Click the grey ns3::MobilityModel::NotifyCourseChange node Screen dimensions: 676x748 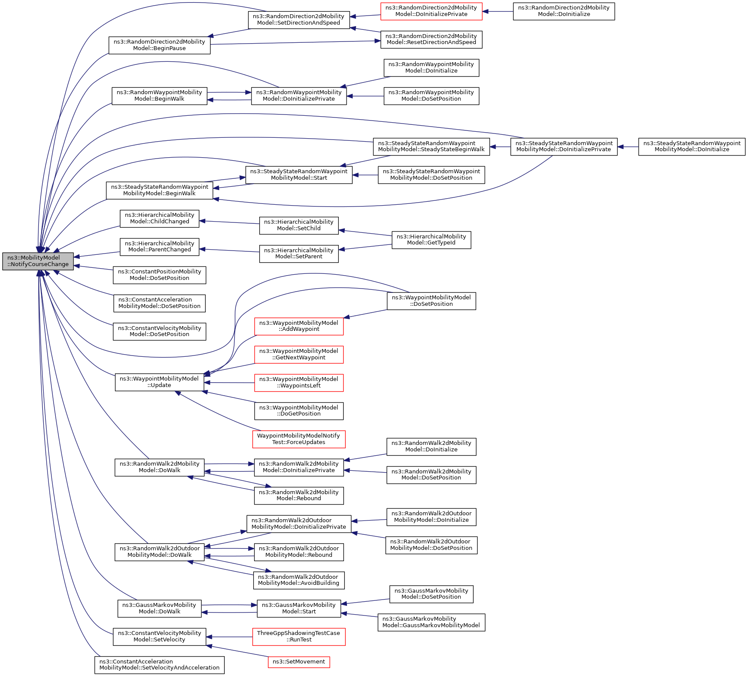coord(38,261)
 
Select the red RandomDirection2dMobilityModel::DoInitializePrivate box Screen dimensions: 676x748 coord(431,11)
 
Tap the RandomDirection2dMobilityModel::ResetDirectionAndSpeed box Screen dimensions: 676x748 coord(431,40)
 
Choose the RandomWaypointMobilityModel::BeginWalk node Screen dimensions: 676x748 coord(159,96)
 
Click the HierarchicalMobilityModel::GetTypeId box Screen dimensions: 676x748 coord(431,240)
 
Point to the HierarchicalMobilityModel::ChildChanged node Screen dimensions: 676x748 coord(159,219)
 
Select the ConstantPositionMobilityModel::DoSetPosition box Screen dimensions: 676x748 coord(159,275)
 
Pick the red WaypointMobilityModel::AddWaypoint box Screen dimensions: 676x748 coord(299,326)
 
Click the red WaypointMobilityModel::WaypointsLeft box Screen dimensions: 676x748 coord(299,383)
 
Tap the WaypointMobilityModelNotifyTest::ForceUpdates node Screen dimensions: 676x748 coord(299,439)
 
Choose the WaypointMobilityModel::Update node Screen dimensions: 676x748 coord(159,382)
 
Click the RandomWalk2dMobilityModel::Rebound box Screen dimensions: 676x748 coord(299,495)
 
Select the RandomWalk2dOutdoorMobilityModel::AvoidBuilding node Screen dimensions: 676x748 coord(299,580)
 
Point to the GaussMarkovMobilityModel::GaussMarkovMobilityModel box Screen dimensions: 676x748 coord(431,622)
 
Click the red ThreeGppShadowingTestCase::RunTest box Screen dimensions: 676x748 coord(299,637)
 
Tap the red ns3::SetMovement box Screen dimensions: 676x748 coord(299,662)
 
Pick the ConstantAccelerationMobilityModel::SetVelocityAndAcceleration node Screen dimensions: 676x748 coord(159,665)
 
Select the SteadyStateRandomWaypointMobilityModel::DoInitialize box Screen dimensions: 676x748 coord(691,147)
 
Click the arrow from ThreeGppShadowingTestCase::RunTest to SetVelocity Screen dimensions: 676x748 coord(229,637)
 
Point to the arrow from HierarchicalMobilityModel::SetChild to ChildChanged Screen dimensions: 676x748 coord(229,222)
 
